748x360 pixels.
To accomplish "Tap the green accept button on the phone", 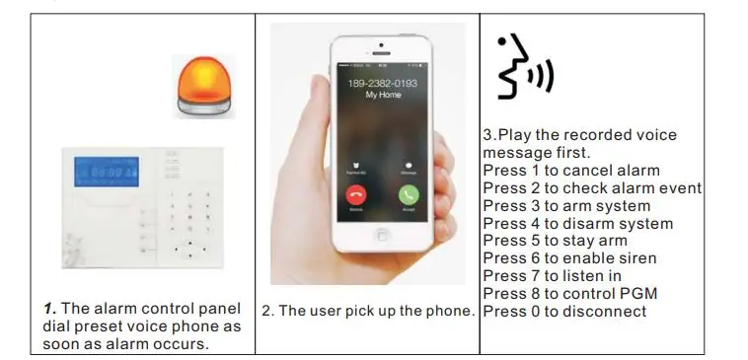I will coord(409,194).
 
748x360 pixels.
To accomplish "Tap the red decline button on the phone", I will coord(355,194).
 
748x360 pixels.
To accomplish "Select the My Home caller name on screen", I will coord(383,96).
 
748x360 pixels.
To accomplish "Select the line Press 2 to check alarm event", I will coord(592,188).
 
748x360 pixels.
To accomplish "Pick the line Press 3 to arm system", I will coord(566,206).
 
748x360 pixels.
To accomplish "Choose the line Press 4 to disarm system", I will coord(577,224).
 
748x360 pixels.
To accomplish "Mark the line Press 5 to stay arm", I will coord(555,241).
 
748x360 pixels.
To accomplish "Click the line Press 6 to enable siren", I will coord(569,258).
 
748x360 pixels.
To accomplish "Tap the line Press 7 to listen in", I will coord(552,276).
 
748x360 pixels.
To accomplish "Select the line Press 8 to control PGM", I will coord(569,294).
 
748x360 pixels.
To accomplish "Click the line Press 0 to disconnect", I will coord(564,312).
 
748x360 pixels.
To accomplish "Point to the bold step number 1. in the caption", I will coord(50,310).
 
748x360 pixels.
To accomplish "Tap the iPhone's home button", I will coord(382,233).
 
